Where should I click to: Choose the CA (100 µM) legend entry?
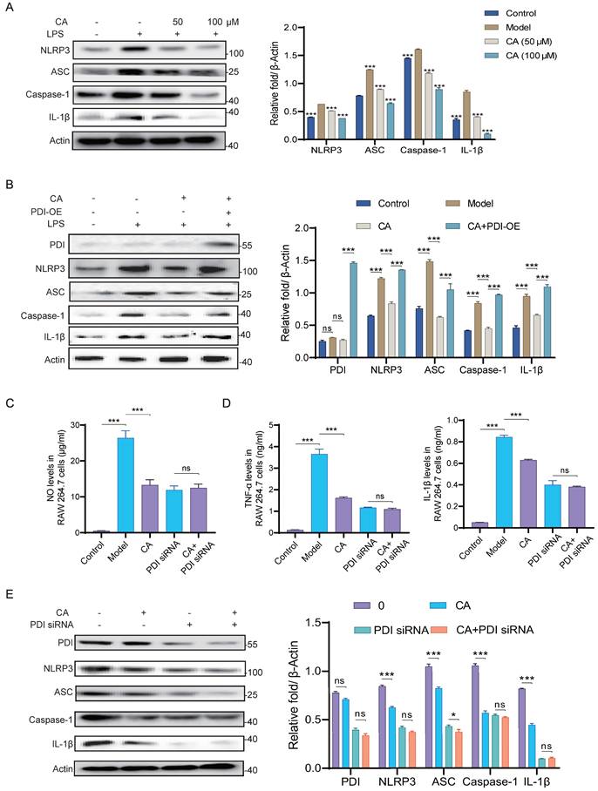click(524, 55)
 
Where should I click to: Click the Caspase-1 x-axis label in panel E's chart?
click(486, 781)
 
